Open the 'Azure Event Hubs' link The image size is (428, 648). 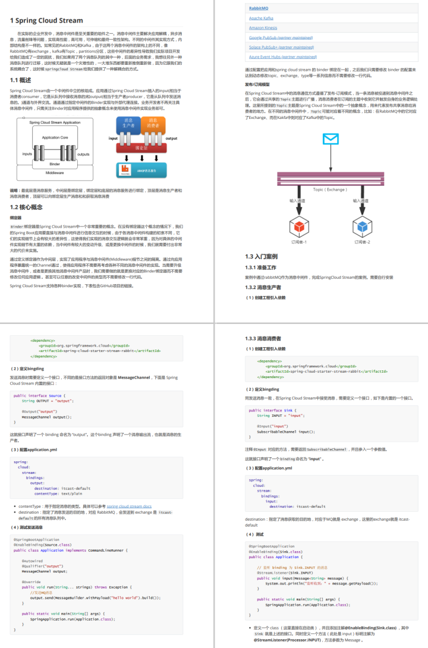pos(283,56)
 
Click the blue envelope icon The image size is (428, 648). pos(329,139)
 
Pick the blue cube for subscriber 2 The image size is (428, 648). pos(361,226)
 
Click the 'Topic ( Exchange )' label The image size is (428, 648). pos(329,189)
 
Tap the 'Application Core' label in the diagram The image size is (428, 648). pos(55,137)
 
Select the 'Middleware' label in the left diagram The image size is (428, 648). pos(55,172)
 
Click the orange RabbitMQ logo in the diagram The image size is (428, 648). pos(125,169)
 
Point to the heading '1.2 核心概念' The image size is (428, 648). pos(26,207)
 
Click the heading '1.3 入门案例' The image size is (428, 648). pos(262,256)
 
